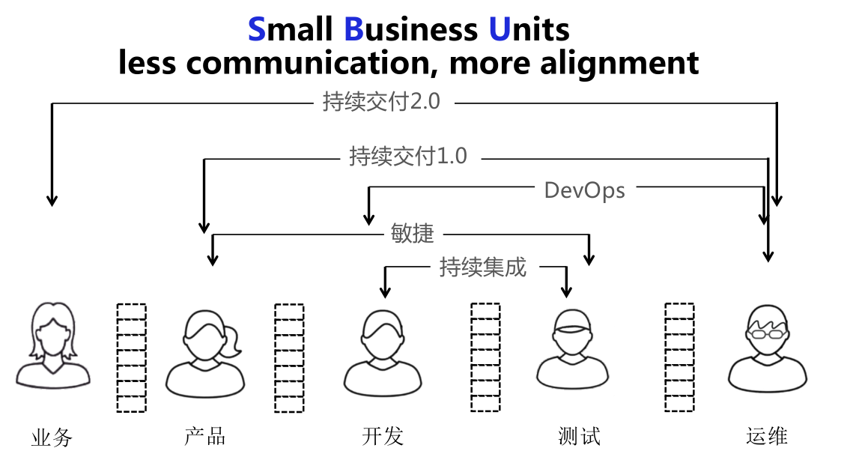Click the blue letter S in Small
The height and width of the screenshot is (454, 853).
pyautogui.click(x=257, y=30)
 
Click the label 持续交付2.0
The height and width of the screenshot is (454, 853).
pyautogui.click(x=381, y=101)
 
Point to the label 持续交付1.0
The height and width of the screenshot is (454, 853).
pyautogui.click(x=408, y=156)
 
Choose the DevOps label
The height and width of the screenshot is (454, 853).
pyautogui.click(x=584, y=190)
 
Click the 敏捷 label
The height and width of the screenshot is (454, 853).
pyautogui.click(x=413, y=233)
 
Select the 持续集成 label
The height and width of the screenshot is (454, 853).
pyautogui.click(x=483, y=267)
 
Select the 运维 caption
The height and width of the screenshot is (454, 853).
pyautogui.click(x=767, y=435)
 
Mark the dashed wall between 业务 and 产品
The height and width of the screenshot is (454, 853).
pyautogui.click(x=131, y=357)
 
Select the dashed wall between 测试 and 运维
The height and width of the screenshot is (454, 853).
pyautogui.click(x=679, y=357)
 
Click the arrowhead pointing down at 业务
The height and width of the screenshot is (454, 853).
pyautogui.click(x=52, y=200)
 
